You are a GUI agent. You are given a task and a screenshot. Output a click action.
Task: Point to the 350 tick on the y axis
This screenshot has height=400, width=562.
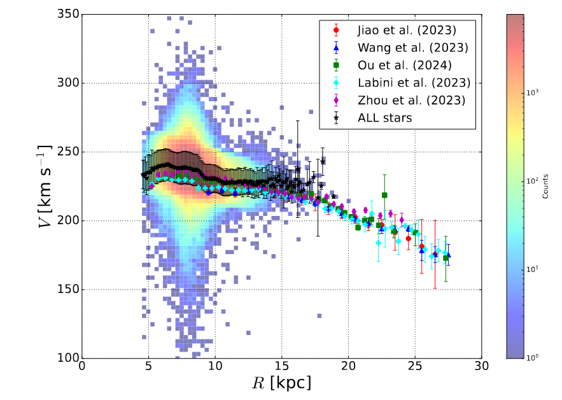pyautogui.click(x=67, y=14)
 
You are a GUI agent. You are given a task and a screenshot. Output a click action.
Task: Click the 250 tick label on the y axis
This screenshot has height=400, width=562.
pyautogui.click(x=67, y=152)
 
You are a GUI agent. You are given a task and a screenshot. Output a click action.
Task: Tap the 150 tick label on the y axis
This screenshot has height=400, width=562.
pyautogui.click(x=67, y=289)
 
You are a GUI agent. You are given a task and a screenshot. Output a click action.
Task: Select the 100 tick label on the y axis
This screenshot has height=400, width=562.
pyautogui.click(x=67, y=358)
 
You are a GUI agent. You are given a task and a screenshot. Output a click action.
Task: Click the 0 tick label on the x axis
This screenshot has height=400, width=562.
pyautogui.click(x=82, y=368)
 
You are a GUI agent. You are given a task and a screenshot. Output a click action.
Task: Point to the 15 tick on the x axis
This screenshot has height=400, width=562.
pyautogui.click(x=282, y=368)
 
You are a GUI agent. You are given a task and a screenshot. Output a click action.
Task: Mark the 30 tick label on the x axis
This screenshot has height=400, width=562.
pyautogui.click(x=482, y=368)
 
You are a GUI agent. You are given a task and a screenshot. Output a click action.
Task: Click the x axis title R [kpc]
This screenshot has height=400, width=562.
pyautogui.click(x=281, y=384)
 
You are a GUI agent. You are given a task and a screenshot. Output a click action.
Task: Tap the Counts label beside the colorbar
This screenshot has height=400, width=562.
pyautogui.click(x=546, y=185)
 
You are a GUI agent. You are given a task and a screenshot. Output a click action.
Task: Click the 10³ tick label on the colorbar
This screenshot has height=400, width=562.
pyautogui.click(x=532, y=92)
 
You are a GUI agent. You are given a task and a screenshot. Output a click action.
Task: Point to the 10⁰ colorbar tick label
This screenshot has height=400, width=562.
pyautogui.click(x=532, y=358)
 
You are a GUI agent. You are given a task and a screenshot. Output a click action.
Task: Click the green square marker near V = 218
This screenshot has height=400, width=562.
pyautogui.click(x=384, y=196)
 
